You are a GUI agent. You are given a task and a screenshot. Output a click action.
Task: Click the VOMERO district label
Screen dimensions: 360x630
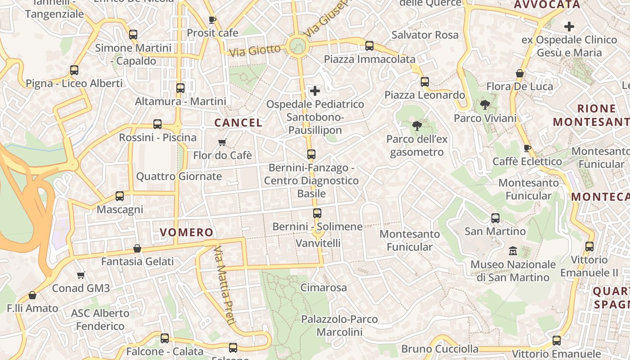(x=186, y=232)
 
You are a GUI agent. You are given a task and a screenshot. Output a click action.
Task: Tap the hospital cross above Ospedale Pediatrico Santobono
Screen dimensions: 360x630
(x=315, y=91)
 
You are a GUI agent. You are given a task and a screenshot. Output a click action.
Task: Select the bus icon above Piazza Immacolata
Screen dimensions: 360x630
(x=369, y=45)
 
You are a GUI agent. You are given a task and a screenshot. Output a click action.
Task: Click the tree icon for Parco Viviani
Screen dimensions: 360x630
(x=485, y=105)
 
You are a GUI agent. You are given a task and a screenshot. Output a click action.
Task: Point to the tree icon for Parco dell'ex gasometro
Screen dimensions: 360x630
(x=417, y=126)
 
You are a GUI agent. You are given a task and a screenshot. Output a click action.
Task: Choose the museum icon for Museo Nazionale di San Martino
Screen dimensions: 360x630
(x=513, y=251)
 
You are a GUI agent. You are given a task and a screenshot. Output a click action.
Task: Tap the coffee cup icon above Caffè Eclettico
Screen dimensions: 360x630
(x=527, y=148)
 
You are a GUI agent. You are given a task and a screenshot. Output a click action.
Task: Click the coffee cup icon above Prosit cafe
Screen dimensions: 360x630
(x=212, y=20)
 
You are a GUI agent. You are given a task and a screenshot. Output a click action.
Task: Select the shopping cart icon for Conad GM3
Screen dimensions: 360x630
(x=81, y=275)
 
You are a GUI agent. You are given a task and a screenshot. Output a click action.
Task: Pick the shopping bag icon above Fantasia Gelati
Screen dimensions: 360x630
(x=137, y=248)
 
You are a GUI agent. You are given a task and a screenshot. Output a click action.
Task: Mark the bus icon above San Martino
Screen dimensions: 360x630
(x=495, y=218)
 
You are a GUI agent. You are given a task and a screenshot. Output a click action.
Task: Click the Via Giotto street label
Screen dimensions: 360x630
(x=255, y=50)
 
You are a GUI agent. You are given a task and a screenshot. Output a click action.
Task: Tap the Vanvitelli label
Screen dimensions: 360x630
(x=318, y=243)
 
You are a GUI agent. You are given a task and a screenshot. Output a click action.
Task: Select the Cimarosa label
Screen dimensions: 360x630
(x=324, y=288)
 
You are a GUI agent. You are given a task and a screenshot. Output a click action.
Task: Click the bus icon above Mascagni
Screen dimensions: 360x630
(x=120, y=196)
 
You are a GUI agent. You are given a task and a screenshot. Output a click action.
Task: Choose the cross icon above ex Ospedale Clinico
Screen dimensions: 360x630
(x=569, y=27)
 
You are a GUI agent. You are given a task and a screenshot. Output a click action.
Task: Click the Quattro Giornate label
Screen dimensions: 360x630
(x=179, y=176)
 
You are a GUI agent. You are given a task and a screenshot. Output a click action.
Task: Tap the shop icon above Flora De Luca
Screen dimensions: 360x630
(x=520, y=73)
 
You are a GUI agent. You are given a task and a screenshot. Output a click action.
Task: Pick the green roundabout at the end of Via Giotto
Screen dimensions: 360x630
(x=297, y=45)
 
